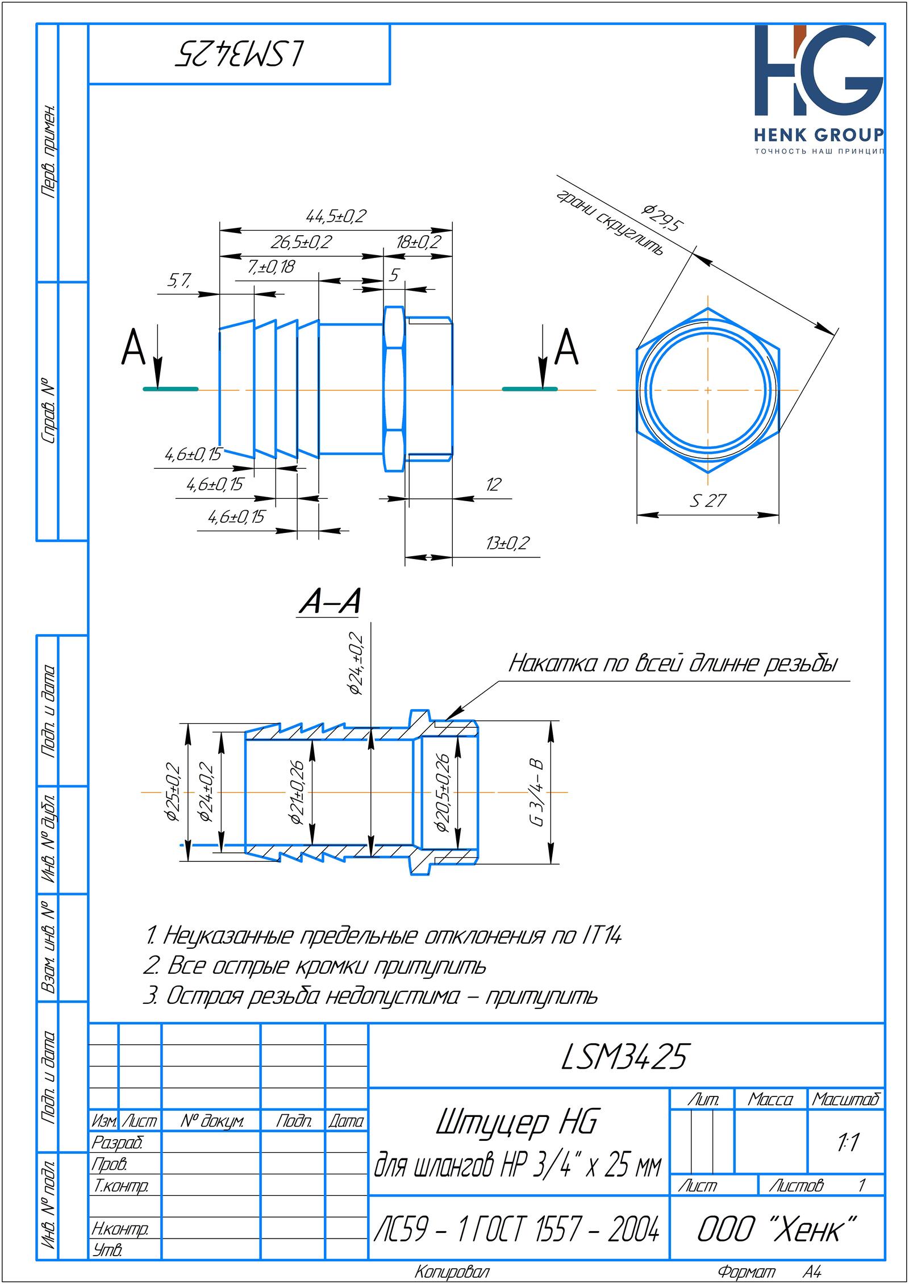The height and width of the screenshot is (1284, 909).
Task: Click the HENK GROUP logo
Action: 819,90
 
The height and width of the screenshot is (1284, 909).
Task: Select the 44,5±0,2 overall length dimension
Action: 336,216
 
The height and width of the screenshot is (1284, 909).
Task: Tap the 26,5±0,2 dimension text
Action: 301,243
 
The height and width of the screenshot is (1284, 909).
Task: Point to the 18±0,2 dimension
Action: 419,243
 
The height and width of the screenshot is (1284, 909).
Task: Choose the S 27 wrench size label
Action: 708,501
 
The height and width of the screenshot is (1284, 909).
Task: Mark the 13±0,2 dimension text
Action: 507,543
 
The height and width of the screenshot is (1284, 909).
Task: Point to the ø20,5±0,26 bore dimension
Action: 443,793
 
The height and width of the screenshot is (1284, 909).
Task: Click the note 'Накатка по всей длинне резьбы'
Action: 673,664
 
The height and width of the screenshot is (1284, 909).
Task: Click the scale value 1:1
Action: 847,1143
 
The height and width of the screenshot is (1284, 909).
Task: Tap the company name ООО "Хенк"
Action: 777,1231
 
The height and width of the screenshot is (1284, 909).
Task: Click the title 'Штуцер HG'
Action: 516,1124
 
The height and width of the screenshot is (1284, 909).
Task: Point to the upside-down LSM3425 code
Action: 240,55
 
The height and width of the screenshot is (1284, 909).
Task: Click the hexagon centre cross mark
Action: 708,390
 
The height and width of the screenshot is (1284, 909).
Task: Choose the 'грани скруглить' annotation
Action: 610,222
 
